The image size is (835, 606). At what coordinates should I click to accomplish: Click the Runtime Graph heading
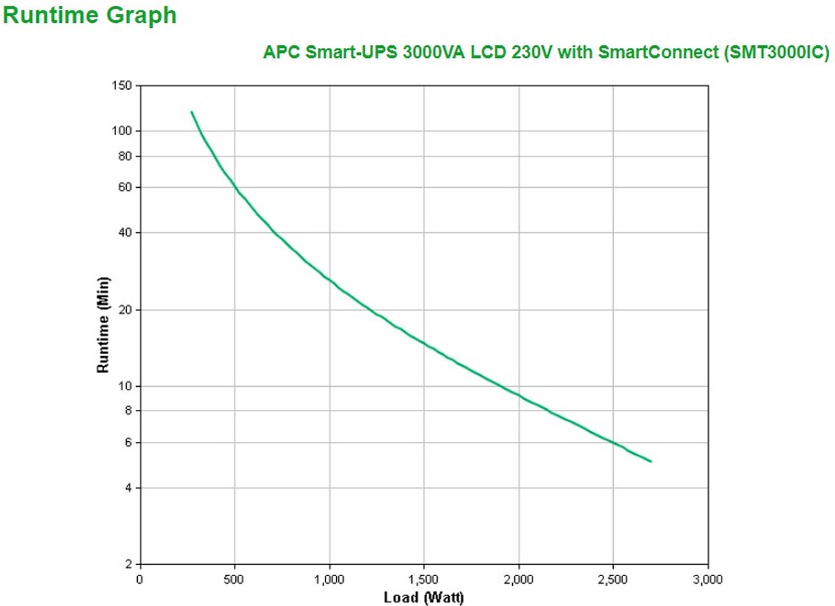tap(90, 15)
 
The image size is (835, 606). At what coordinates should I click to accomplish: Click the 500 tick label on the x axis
tap(234, 579)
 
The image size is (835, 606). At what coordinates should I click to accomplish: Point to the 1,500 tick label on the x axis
tap(424, 579)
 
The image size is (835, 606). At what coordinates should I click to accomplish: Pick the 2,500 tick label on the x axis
tap(613, 579)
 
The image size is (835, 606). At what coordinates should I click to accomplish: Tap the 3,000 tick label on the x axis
tap(708, 579)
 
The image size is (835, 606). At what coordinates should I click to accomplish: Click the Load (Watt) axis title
tap(424, 597)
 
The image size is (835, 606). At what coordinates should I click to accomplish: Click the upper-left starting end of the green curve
tap(191, 111)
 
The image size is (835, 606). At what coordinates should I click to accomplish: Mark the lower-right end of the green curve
tap(651, 461)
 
